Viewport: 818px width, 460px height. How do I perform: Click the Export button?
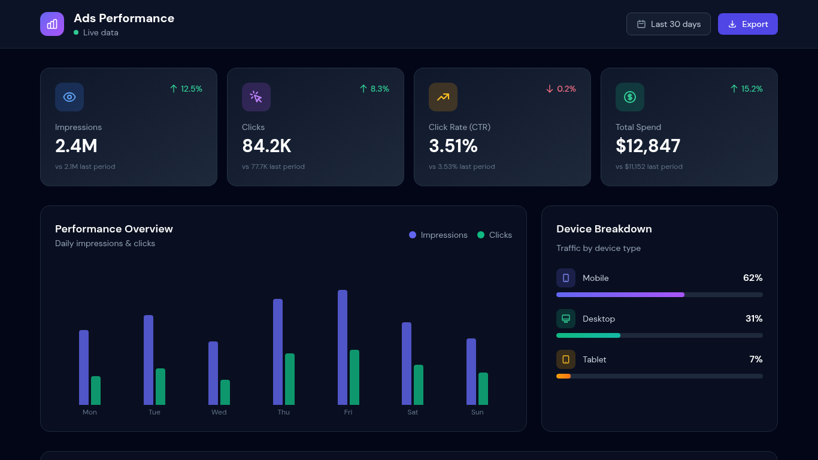coord(747,24)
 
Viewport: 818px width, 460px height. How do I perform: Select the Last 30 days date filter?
coord(668,24)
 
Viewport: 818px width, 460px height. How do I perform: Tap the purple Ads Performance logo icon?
coord(52,24)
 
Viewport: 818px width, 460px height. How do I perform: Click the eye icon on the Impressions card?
coord(69,97)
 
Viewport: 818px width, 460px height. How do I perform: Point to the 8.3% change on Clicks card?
coord(374,89)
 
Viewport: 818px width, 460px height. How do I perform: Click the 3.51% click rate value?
coord(453,146)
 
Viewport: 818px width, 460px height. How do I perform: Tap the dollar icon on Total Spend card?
coord(630,97)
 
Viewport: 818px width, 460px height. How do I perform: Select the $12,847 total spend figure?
coord(648,146)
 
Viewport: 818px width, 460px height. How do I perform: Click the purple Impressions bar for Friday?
coord(343,347)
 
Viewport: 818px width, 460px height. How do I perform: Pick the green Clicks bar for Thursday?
coord(290,379)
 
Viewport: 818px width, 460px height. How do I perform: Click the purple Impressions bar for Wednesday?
coord(213,373)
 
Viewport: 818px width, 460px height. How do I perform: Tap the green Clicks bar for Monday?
coord(96,391)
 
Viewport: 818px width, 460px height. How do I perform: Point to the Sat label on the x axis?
coord(413,412)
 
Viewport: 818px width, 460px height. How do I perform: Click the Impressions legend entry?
coord(438,235)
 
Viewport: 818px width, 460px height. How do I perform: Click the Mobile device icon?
coord(566,278)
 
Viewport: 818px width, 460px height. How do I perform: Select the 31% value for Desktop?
coord(754,319)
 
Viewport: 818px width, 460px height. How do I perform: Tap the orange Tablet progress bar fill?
coord(563,376)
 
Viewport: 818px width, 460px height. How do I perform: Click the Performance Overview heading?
coord(114,229)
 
